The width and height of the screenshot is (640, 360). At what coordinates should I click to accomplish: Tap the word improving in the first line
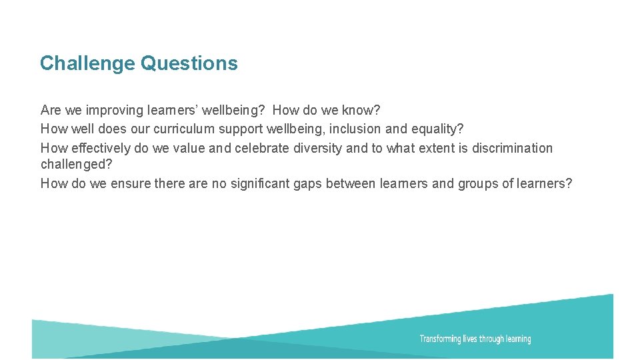[x=119, y=110]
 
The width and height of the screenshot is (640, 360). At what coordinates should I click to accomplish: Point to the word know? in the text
[x=361, y=110]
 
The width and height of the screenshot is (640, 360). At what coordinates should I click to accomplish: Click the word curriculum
[x=181, y=129]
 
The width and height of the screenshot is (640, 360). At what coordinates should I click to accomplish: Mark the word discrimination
[x=512, y=148]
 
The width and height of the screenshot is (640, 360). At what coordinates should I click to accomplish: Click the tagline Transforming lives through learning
[x=475, y=339]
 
